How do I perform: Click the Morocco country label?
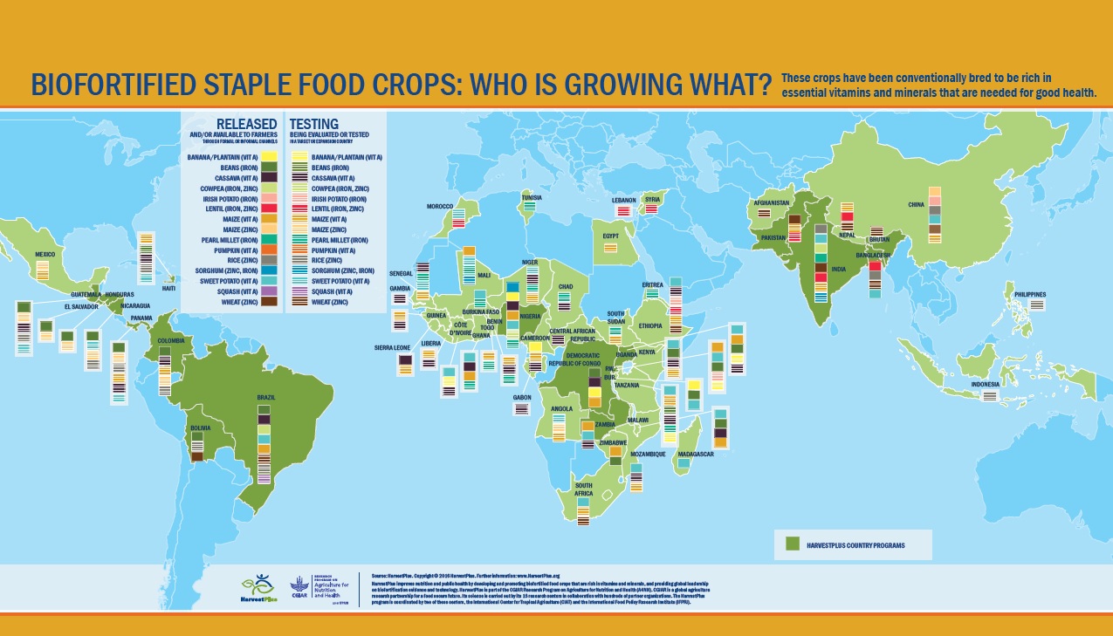point(439,206)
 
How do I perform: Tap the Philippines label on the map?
point(1029,295)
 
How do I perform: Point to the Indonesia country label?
point(986,383)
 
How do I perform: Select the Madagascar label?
point(696,454)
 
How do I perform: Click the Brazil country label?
point(266,398)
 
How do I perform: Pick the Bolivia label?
point(202,428)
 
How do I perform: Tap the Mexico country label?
point(45,254)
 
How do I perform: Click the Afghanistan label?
point(771,203)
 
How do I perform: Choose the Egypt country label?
point(610,236)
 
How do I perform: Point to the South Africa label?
point(583,489)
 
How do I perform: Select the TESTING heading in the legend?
point(313,124)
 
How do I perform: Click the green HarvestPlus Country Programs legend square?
point(793,544)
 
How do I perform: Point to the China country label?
point(916,204)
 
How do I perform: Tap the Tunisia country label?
point(531,197)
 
